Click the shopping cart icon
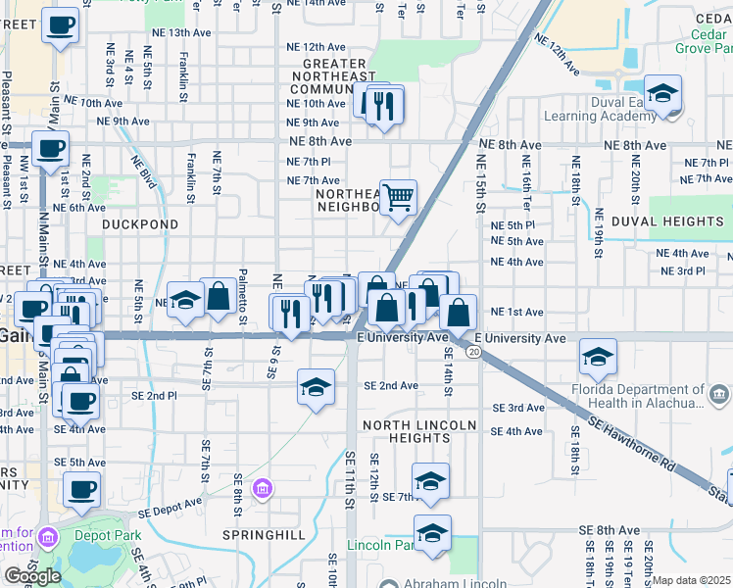click(399, 198)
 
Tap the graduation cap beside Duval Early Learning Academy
click(663, 94)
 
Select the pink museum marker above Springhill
click(262, 488)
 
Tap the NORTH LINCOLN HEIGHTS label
click(419, 431)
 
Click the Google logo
click(33, 576)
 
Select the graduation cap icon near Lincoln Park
click(431, 533)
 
